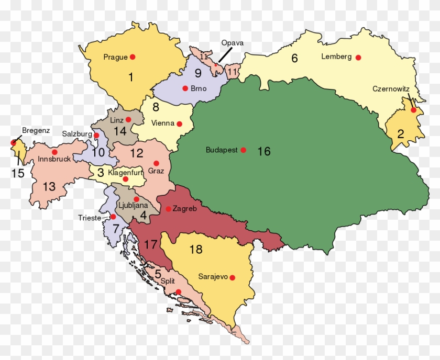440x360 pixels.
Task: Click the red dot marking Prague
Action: coord(133,57)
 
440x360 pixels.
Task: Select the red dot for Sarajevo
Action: coord(232,277)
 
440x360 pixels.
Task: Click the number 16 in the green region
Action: coord(264,152)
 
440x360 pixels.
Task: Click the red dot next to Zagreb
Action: coord(168,209)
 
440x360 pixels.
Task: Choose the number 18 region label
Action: coord(196,249)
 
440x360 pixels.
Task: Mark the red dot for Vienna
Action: coord(179,124)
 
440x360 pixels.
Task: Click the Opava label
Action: coord(232,43)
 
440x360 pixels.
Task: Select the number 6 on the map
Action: coord(294,59)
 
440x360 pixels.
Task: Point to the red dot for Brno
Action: coord(185,88)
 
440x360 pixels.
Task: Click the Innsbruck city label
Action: coord(53,160)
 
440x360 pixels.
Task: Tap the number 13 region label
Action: coord(49,187)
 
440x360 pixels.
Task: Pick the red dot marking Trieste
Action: coord(113,217)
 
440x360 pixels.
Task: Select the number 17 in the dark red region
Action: coord(150,244)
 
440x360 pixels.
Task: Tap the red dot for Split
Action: coord(179,292)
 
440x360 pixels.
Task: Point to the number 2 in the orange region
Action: coord(400,133)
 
